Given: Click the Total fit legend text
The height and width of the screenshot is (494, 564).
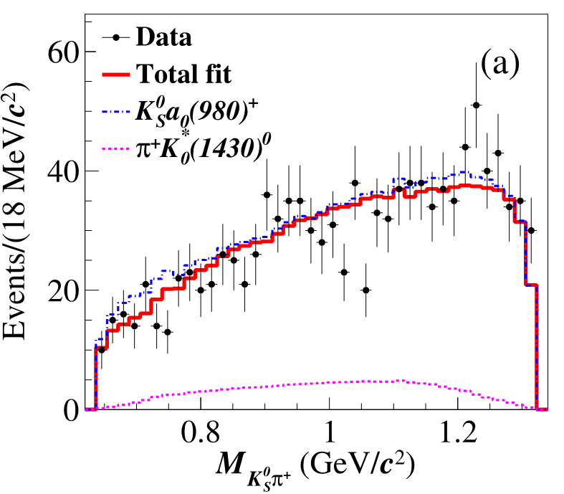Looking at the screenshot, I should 183,74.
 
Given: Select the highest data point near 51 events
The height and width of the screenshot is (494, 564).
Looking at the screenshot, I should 476,105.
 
